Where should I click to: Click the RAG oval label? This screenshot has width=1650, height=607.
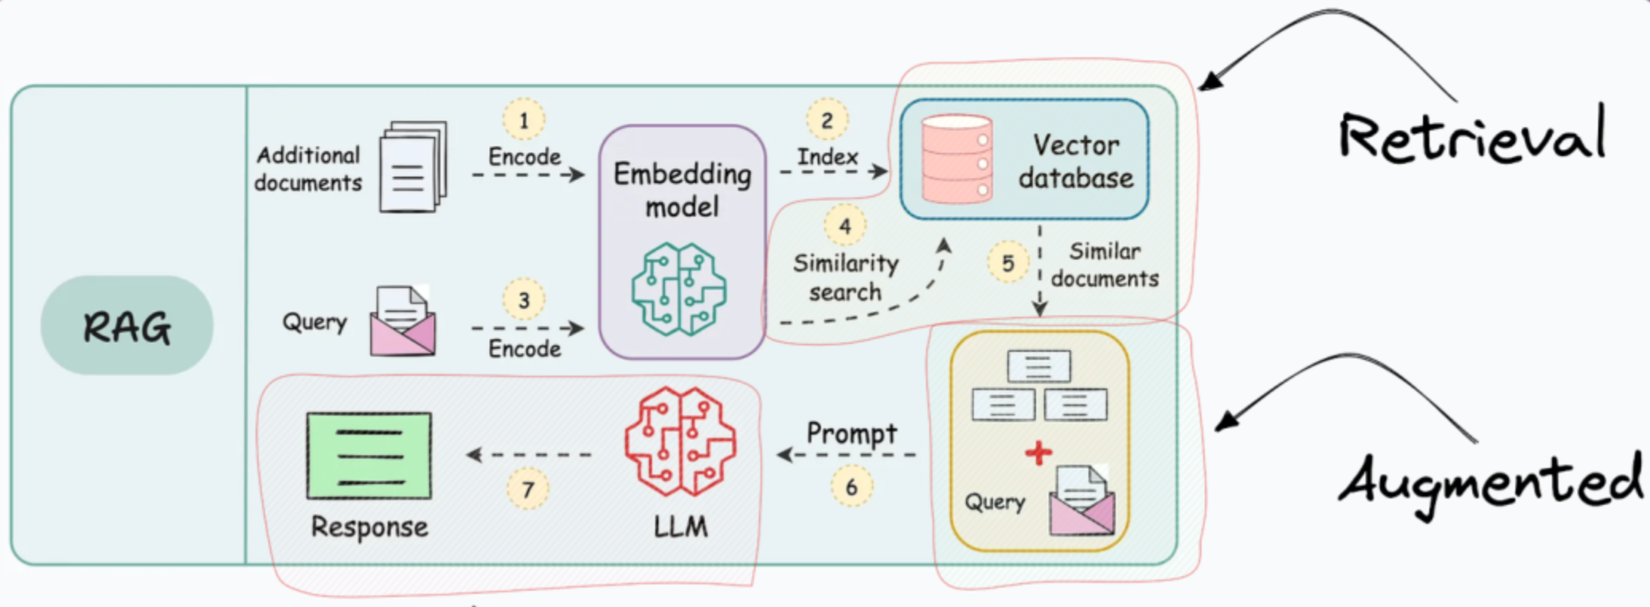pos(127,325)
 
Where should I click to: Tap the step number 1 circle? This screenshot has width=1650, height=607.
pos(523,119)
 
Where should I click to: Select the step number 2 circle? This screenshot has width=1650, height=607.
pos(827,120)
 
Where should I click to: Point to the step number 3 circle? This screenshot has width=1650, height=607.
pos(523,300)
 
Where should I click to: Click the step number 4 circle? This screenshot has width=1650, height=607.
pos(845,226)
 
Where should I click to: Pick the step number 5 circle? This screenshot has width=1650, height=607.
pos(1008,263)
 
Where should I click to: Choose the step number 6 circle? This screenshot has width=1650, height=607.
pos(851,487)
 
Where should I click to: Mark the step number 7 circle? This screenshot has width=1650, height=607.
pos(528,488)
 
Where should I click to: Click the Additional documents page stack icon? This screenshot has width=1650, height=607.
pos(413,166)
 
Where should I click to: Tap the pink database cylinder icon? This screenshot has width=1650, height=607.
pos(956,159)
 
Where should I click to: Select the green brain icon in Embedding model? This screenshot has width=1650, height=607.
pos(679,288)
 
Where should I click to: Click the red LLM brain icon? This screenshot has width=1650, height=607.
pos(681,441)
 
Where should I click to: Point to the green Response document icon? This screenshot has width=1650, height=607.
pos(369,456)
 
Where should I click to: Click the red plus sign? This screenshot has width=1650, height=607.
pos(1038,452)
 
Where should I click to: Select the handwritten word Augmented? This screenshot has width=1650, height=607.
pos(1489,483)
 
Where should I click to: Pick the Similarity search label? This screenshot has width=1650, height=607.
pos(846,277)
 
